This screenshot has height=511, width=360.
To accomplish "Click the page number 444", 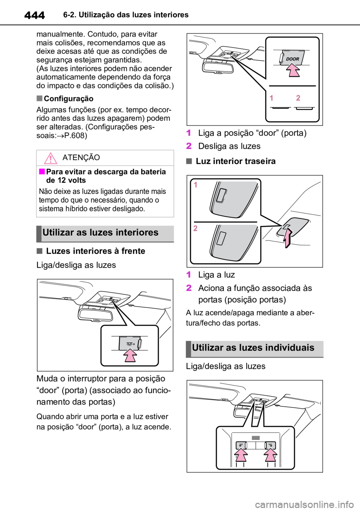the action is [x=34, y=15].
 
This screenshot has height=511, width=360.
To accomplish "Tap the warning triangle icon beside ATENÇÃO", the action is [x=50, y=158].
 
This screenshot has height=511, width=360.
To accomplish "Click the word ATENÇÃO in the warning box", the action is [x=81, y=158].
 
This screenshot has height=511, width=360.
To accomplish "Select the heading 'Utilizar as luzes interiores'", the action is [x=100, y=233].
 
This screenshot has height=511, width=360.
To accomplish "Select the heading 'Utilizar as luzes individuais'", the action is [x=253, y=347].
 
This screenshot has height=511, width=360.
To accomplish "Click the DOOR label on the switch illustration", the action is [x=292, y=59].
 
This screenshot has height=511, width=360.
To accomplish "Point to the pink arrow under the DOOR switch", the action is [x=293, y=71].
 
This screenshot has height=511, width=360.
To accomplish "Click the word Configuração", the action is [x=69, y=99].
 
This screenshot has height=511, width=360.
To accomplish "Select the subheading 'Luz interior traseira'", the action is [x=236, y=161].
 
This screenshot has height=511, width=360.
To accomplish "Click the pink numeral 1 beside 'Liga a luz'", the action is [x=188, y=275].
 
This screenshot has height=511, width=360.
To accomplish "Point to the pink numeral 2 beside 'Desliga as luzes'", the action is [x=189, y=146].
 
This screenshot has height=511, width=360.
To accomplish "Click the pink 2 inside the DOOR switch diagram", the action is [x=298, y=98].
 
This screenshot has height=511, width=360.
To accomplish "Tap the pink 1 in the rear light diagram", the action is [x=195, y=185].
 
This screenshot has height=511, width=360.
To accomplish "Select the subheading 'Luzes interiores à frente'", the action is [x=96, y=251].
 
